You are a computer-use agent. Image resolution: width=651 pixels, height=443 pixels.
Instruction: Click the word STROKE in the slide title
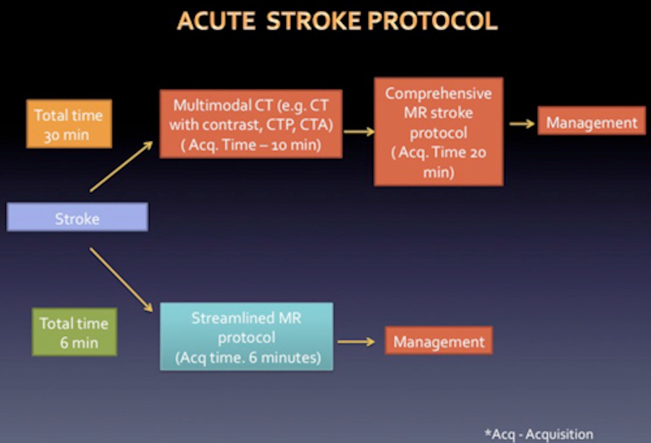pos(314,22)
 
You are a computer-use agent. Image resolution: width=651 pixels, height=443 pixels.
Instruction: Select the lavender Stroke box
pos(77,217)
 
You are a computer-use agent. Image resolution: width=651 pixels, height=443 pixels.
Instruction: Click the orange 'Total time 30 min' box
pos(69,123)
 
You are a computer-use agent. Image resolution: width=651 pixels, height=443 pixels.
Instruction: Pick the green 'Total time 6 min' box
pos(74,332)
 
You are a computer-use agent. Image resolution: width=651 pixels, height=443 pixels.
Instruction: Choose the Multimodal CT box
pos(251,124)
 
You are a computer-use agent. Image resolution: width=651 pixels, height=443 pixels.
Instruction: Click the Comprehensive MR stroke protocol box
pos(438,132)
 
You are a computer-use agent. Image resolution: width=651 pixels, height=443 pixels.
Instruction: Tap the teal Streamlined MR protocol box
pos(246,336)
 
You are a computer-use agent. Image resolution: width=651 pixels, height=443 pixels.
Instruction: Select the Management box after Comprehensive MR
pos(591,122)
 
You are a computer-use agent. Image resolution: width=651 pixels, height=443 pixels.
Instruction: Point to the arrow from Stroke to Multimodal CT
pos(121,166)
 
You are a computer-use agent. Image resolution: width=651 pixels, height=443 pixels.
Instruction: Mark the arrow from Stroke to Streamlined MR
pos(121,279)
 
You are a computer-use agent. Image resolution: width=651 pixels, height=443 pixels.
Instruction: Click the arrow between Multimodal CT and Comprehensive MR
pos(359,131)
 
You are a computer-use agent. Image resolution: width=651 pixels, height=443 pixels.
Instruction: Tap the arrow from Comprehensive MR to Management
pos(521,123)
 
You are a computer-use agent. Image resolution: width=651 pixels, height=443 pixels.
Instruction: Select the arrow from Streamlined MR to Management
pos(356,342)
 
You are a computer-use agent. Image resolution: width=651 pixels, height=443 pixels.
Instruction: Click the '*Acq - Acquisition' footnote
pos(538,434)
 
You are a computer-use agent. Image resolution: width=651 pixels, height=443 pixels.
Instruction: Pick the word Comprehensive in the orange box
pos(438,93)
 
